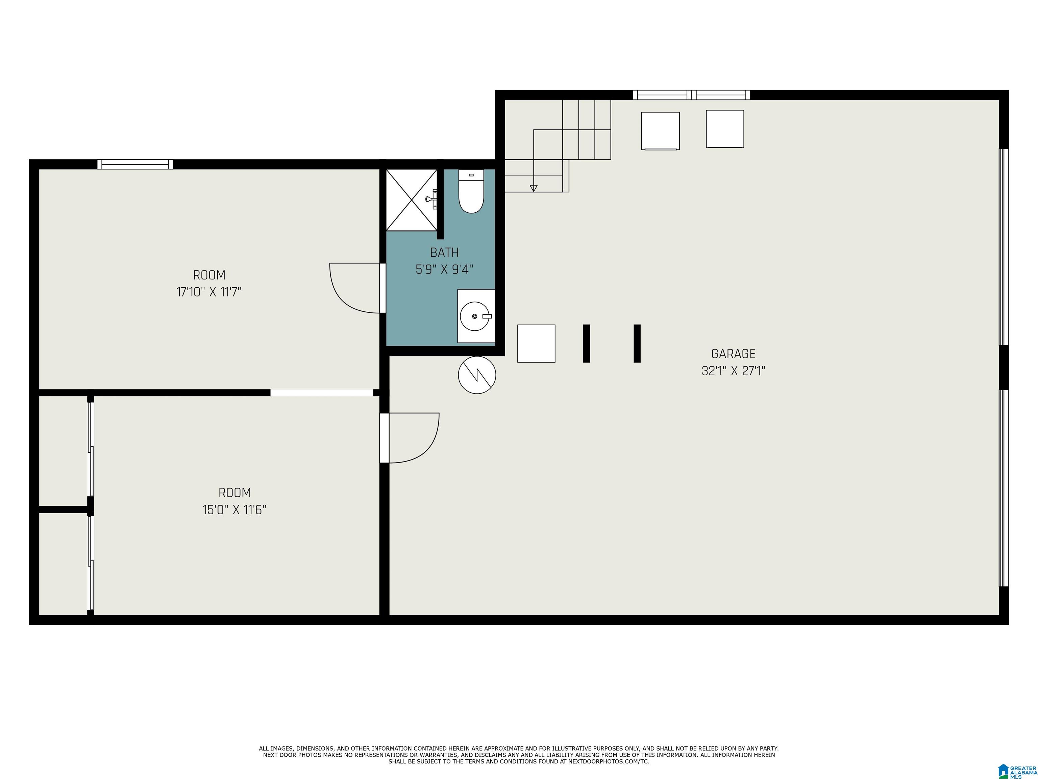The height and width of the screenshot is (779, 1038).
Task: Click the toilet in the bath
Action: click(471, 192)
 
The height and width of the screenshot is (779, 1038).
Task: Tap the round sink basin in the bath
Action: click(475, 316)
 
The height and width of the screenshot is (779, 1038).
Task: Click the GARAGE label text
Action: click(733, 354)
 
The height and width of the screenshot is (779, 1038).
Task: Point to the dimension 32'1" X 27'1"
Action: click(733, 371)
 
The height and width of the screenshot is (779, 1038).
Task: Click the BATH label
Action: click(444, 253)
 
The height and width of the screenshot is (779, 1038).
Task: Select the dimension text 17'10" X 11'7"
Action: click(209, 292)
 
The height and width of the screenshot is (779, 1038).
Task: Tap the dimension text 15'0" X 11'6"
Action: click(234, 510)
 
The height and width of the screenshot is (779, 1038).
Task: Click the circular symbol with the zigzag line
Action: click(477, 375)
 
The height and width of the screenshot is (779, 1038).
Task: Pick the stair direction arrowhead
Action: click(533, 188)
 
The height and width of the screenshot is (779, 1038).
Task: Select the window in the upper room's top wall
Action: click(135, 164)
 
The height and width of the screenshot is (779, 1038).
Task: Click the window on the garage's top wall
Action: click(691, 95)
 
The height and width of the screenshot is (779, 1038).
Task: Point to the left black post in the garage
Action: click(586, 343)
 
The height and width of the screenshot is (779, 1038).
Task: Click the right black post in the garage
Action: click(637, 343)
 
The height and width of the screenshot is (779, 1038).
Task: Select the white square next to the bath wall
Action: click(536, 343)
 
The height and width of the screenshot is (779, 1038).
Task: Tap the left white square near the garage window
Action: click(660, 131)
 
